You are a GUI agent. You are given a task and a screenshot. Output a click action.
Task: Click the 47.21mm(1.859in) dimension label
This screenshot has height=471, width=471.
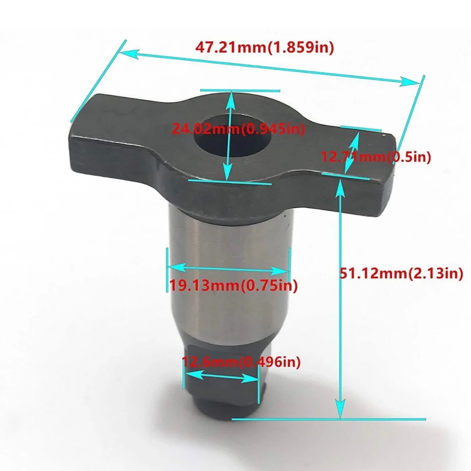264,48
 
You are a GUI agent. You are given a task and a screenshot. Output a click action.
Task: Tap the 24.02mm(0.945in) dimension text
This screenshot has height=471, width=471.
238,129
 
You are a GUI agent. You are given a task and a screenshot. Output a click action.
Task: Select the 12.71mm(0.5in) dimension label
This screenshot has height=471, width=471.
376,156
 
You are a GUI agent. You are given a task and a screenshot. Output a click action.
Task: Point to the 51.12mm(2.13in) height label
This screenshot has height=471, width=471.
401,273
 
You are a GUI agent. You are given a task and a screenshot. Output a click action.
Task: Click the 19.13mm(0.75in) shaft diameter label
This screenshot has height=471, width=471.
234,285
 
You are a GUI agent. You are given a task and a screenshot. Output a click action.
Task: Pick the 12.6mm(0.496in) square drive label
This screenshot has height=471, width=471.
241,362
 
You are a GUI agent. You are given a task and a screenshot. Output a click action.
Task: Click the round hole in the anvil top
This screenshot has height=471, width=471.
232,136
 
